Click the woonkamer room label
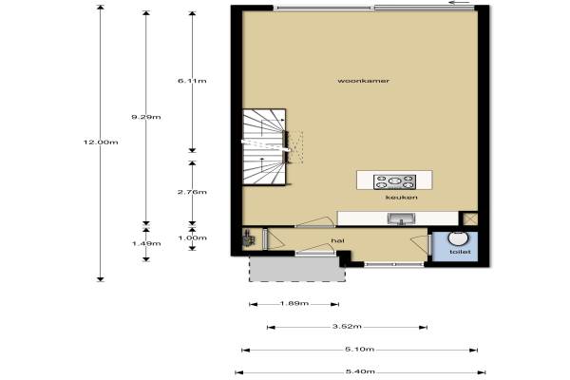click(364, 81)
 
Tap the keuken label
click(401, 198)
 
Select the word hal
click(337, 240)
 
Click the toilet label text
click(460, 252)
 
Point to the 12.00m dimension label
click(101, 142)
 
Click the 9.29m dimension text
click(146, 117)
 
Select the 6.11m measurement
click(192, 81)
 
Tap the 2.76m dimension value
click(192, 192)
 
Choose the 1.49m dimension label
click(146, 243)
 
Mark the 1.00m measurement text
click(192, 237)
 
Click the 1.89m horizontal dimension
click(294, 303)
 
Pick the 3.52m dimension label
click(347, 327)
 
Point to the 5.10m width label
click(359, 350)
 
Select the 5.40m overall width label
click(360, 371)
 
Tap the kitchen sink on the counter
click(401, 218)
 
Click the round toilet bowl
click(458, 238)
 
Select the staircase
click(264, 147)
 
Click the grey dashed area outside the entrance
click(297, 268)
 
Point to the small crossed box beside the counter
click(470, 218)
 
